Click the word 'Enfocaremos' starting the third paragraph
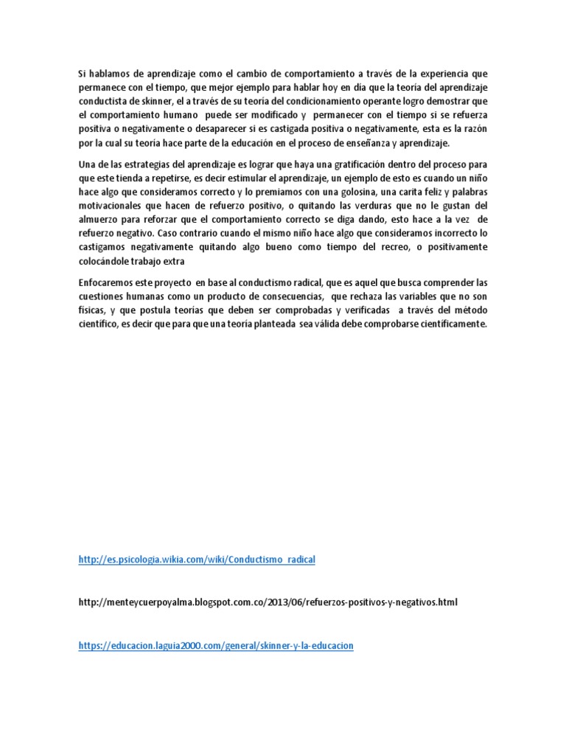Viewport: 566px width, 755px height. (x=106, y=282)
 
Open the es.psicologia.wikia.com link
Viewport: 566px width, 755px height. (x=197, y=560)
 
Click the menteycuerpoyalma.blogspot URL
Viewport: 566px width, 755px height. (x=268, y=602)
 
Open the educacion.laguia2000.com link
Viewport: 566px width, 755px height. (x=216, y=646)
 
